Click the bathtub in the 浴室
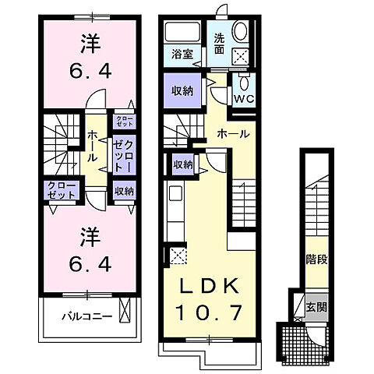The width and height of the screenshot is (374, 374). pos(184,33)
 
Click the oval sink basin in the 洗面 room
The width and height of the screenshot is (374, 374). pos(241,31)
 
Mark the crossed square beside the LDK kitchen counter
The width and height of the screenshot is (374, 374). pos(175,254)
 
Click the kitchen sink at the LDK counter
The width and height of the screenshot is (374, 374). pos(175,195)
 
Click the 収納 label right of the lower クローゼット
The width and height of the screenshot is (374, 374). pos(123,191)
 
